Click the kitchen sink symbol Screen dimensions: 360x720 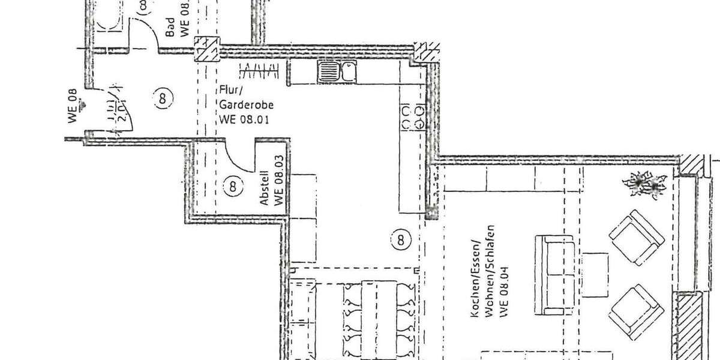coord(336,73)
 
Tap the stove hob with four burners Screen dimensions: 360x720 coord(412,117)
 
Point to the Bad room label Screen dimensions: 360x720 coord(177,27)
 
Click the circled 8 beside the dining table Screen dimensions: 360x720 coord(401,241)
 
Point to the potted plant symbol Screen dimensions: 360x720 coord(646,183)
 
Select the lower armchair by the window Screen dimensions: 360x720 coord(637,310)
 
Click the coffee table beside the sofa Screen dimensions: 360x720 coord(595,274)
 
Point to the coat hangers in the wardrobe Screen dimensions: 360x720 coord(260,70)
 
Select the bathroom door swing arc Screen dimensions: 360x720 coord(147,36)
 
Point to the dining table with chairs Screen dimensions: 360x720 coord(379,318)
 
